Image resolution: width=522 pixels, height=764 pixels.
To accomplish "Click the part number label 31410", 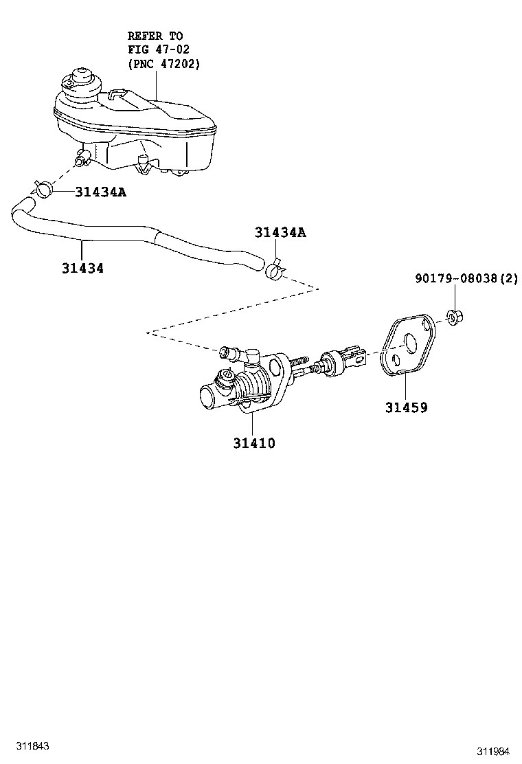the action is (x=253, y=443).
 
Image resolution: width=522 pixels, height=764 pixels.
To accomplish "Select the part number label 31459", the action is (x=406, y=407).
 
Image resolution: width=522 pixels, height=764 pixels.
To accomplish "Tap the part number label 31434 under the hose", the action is (x=83, y=268).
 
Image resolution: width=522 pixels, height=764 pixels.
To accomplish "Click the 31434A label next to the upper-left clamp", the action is (x=100, y=192).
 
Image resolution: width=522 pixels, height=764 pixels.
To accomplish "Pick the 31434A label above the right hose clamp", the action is (x=280, y=232).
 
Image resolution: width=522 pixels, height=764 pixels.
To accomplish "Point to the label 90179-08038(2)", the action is (x=466, y=278).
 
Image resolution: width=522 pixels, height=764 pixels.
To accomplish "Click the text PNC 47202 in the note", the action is (x=164, y=64).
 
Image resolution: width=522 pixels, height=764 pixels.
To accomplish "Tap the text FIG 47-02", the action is (x=159, y=49).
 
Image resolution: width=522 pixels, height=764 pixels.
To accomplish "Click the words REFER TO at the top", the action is (x=155, y=36).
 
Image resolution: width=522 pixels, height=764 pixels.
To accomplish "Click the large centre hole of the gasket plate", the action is (x=408, y=344).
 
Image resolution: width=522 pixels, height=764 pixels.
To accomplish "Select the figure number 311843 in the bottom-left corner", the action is (x=32, y=746).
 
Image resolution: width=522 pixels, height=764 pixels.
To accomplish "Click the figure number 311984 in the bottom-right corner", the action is (x=492, y=752).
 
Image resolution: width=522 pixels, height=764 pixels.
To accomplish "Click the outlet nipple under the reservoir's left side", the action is (x=83, y=159).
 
